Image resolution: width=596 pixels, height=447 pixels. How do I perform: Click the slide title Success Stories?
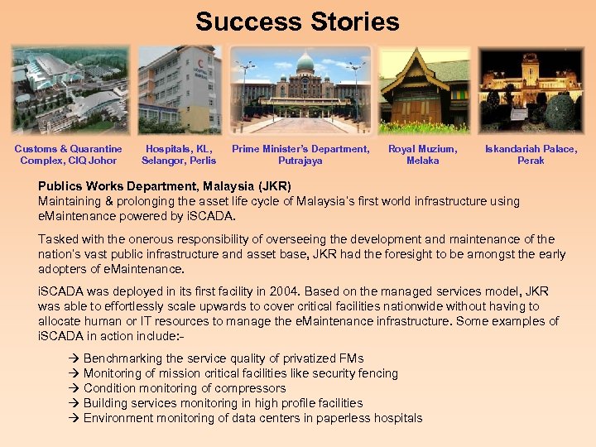297,22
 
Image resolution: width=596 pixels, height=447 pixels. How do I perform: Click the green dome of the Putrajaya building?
305,64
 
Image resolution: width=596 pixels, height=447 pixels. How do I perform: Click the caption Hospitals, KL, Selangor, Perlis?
179,155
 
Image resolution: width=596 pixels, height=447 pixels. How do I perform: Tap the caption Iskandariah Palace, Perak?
531,155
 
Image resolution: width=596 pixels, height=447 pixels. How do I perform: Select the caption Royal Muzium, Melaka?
423,155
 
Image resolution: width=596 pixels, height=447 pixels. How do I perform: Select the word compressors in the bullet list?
253,388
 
